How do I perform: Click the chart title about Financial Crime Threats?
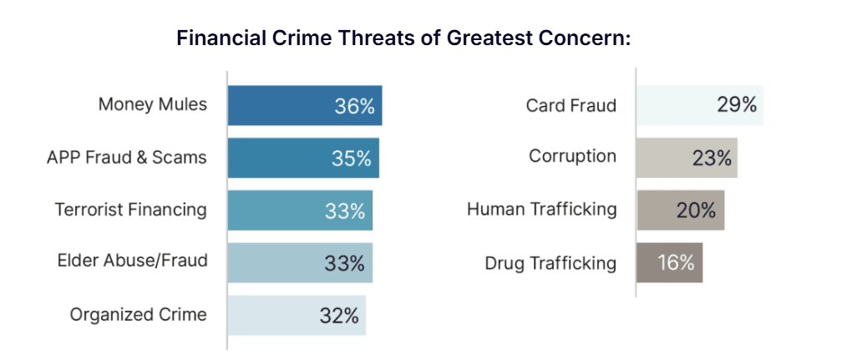click(403, 38)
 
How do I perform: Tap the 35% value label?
click(351, 159)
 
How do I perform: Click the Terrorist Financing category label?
click(130, 210)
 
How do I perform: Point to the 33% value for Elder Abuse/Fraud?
click(344, 263)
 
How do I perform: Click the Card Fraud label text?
click(571, 105)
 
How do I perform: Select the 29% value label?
click(736, 105)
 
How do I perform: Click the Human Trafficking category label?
click(541, 210)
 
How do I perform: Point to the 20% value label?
click(697, 210)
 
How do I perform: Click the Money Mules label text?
click(152, 104)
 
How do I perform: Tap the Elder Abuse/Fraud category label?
click(132, 261)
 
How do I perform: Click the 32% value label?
click(338, 316)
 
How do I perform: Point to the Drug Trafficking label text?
click(550, 264)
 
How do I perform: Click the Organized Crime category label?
click(138, 315)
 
